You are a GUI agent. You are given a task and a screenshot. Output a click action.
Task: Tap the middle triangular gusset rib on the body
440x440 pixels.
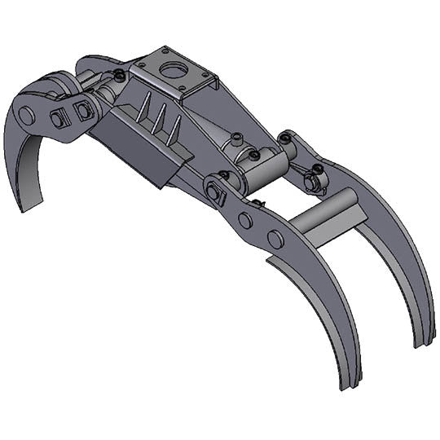160,118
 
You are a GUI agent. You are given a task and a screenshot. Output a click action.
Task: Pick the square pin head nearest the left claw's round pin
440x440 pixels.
58,118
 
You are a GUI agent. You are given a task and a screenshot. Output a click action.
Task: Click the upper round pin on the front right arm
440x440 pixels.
245,220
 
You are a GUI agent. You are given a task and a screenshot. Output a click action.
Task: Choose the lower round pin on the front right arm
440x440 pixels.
276,239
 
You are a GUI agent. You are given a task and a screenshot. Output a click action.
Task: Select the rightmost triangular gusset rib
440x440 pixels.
176,125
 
